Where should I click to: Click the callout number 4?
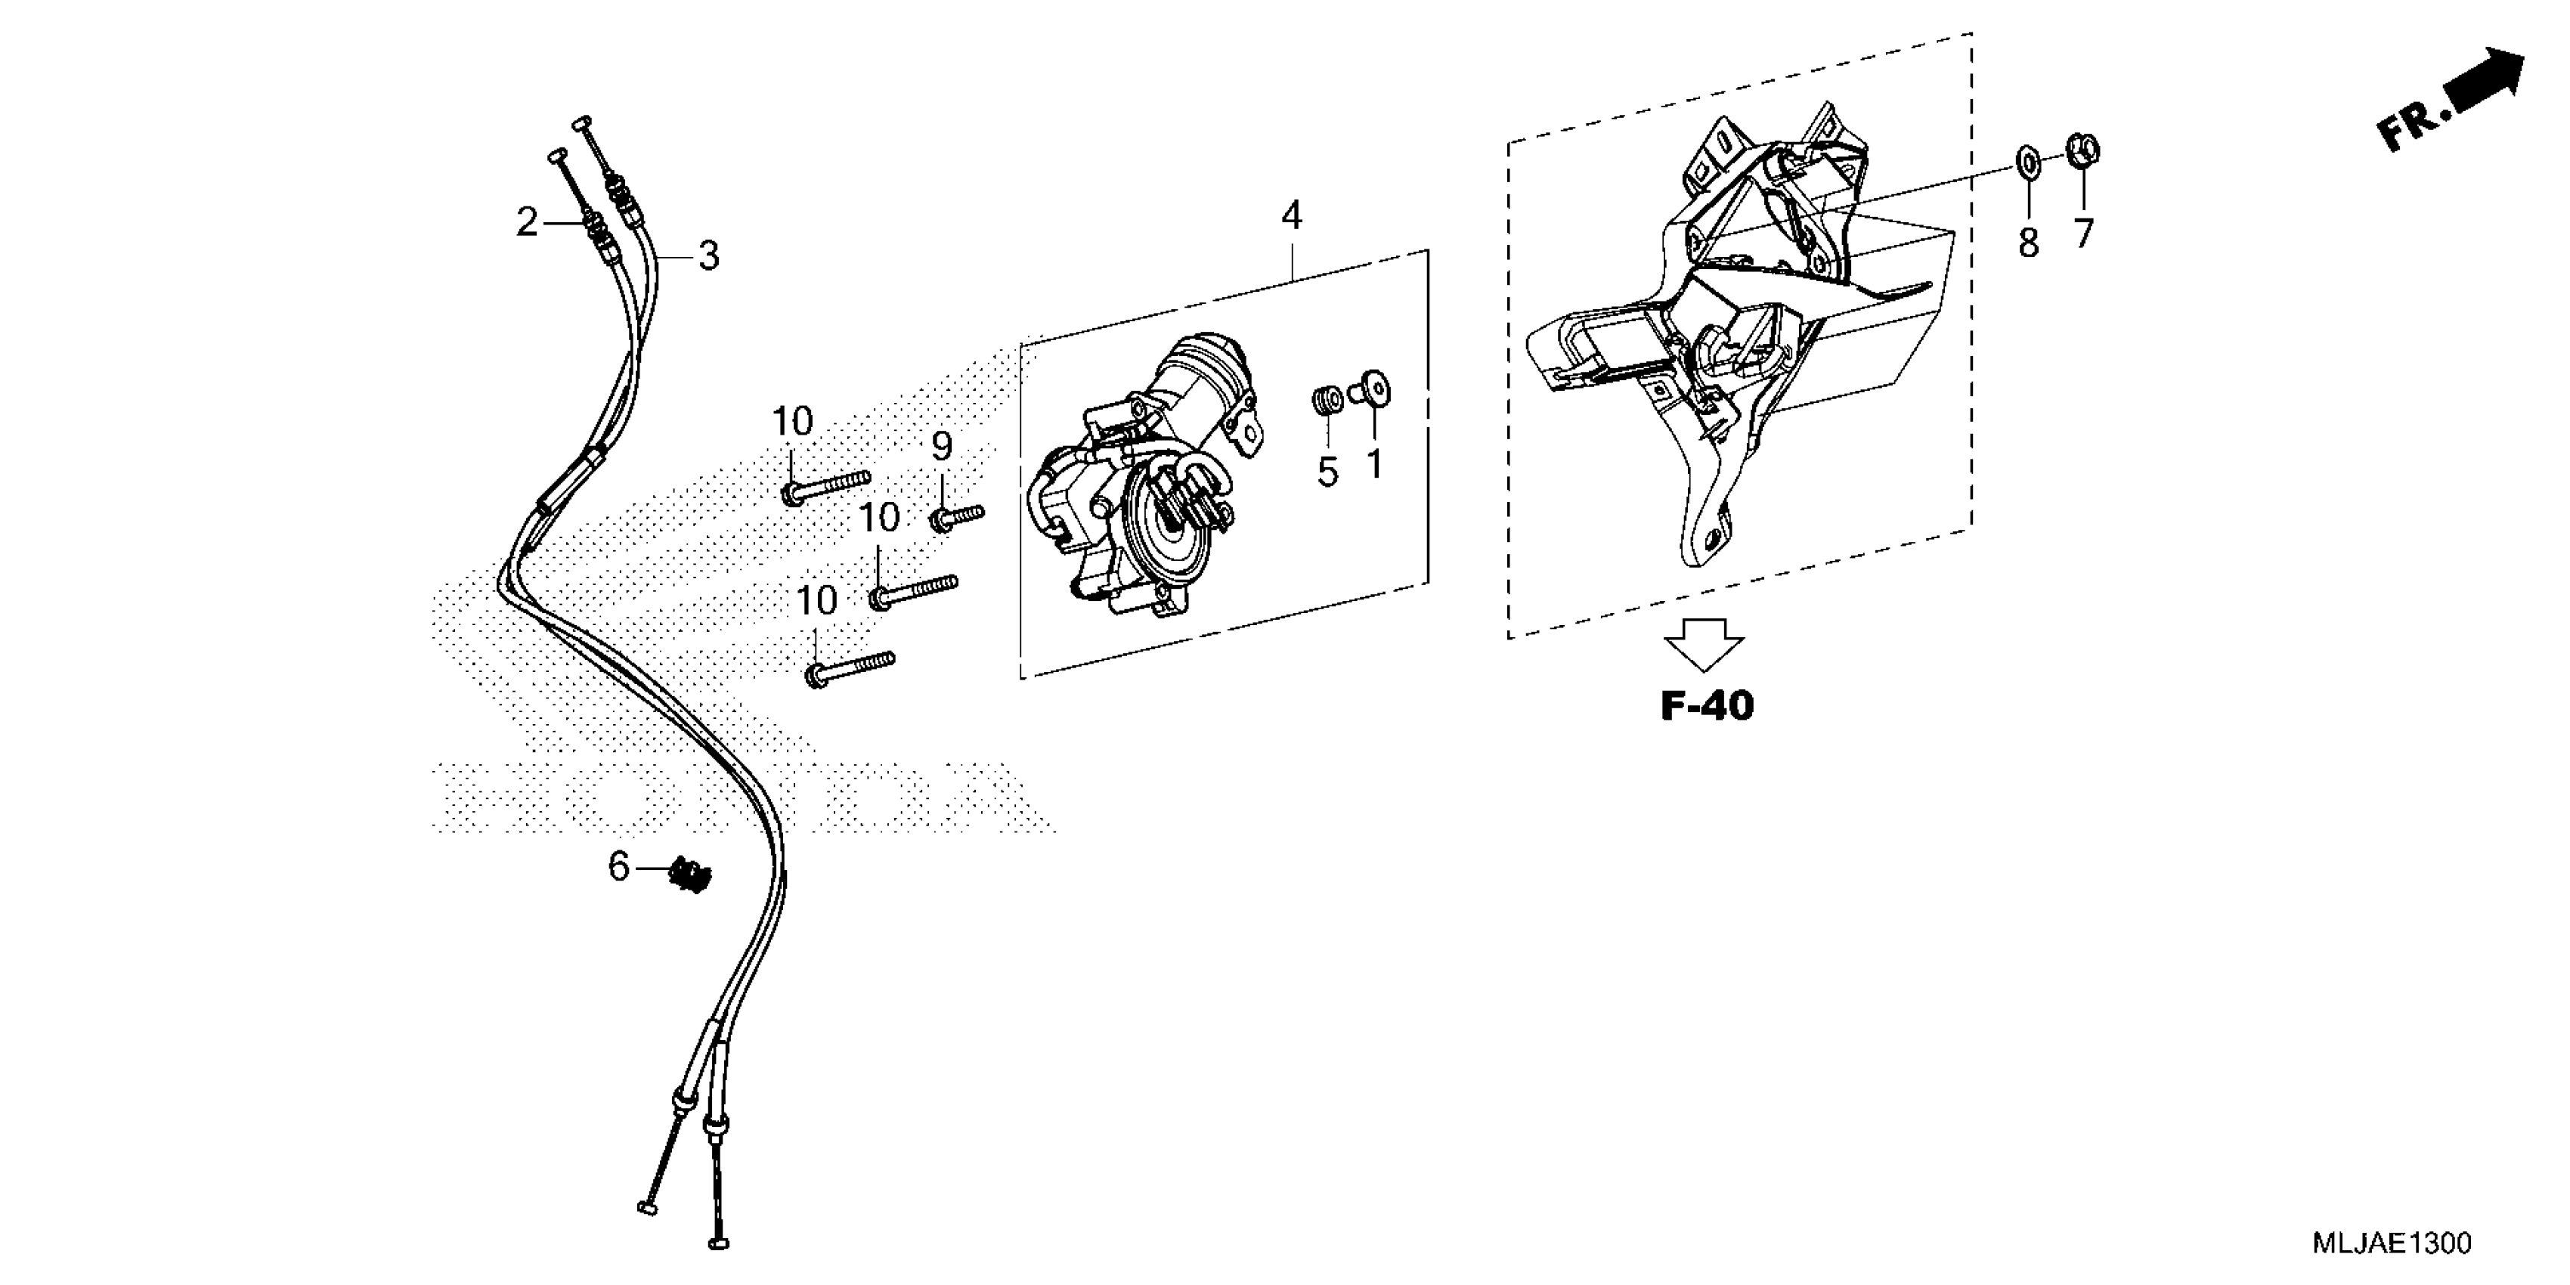(x=1291, y=215)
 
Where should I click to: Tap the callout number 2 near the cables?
(x=527, y=222)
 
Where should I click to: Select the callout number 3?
(x=708, y=256)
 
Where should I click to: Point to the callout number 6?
(x=618, y=867)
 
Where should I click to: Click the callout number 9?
(x=942, y=447)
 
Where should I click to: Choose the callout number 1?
(x=1375, y=464)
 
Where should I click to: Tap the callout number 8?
(x=2028, y=243)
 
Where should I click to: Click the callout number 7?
(x=2084, y=234)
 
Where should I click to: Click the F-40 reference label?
(x=1706, y=706)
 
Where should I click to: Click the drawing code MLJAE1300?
(x=2404, y=1243)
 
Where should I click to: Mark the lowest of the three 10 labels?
(x=816, y=602)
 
